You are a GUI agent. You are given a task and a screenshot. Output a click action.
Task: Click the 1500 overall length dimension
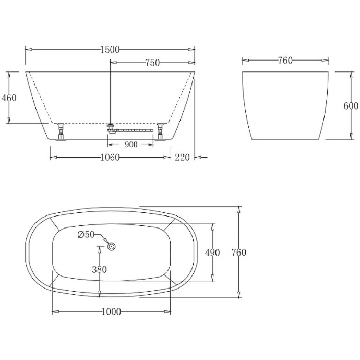[x=110, y=50]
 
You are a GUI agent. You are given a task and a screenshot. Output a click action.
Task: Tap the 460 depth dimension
[x=9, y=98]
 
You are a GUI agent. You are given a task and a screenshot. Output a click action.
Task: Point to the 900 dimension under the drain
[x=131, y=145]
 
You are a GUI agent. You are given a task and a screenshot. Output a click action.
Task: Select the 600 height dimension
[x=351, y=105]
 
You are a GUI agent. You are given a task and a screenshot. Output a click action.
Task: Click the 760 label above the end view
[x=285, y=61]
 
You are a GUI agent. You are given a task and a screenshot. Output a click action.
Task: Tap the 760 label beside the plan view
[x=238, y=253]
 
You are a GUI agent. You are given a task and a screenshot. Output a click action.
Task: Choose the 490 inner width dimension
[x=212, y=253]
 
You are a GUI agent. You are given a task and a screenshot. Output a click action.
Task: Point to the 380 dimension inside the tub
[x=99, y=269]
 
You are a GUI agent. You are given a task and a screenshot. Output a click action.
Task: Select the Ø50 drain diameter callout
[x=86, y=235]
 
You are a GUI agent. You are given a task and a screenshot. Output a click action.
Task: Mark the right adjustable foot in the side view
[x=160, y=131]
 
